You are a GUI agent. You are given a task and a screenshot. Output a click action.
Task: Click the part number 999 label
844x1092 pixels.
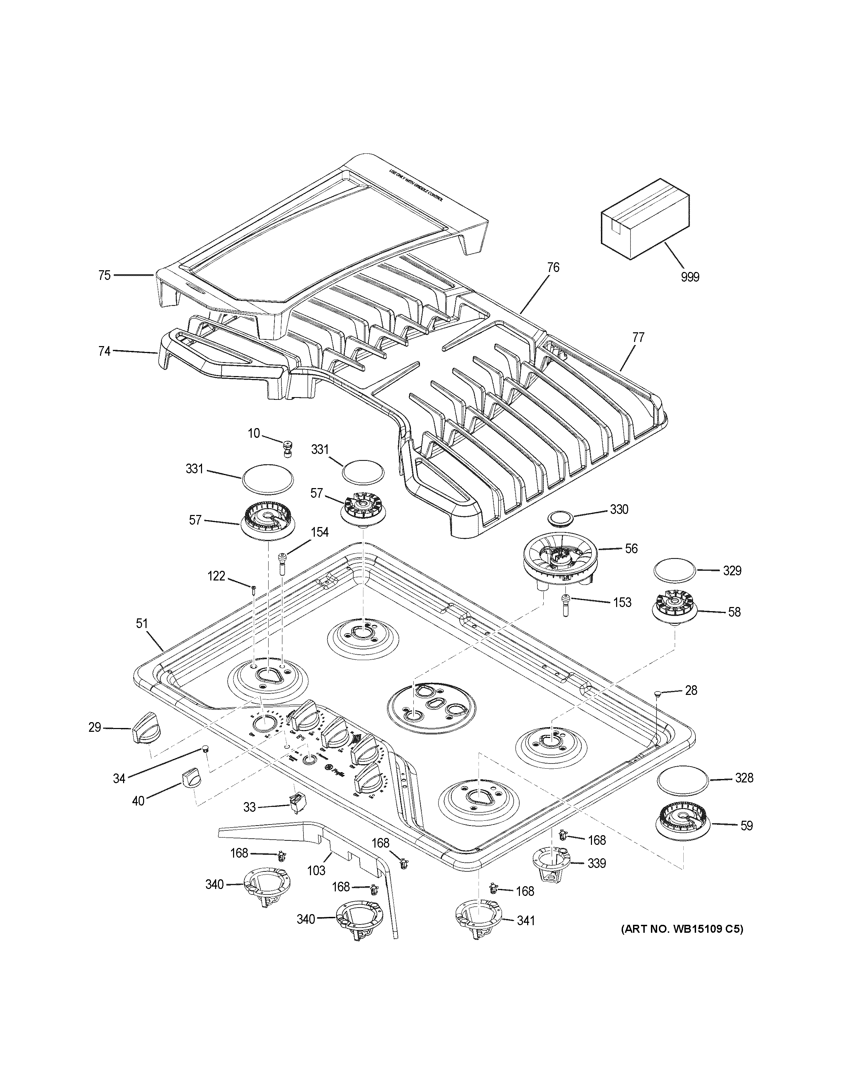point(690,276)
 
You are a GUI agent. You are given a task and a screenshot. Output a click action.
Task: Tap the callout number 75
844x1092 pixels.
point(104,275)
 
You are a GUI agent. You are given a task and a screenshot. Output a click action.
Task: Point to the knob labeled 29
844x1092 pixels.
point(145,733)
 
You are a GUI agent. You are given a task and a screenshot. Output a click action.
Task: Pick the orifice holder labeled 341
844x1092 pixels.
point(479,919)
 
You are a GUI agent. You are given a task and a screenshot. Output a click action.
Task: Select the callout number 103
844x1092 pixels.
point(316,870)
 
